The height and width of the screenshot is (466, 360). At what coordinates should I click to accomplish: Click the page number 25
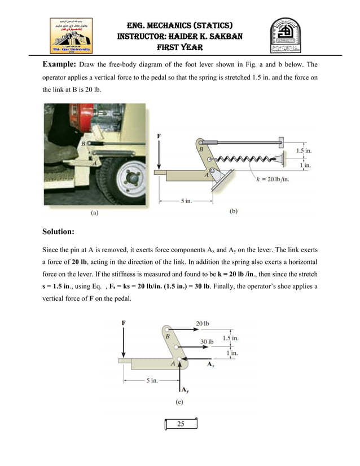pos(181,424)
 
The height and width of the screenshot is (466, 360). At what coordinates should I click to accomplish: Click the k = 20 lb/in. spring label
pos(273,179)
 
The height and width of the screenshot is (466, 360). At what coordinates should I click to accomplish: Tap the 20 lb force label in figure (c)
pos(203,323)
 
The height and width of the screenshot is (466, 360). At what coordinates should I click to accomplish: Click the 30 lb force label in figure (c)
pos(207,341)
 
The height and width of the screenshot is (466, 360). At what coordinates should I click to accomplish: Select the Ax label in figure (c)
pos(210,365)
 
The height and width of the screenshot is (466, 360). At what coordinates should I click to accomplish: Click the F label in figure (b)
pos(159,137)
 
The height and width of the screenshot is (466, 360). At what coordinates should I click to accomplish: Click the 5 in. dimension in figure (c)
pos(153,380)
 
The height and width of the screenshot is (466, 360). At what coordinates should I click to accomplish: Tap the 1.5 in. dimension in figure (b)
pos(305,151)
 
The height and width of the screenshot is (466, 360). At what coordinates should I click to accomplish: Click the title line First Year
pos(179,47)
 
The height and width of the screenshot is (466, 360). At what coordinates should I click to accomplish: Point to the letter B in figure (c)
pos(167,336)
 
